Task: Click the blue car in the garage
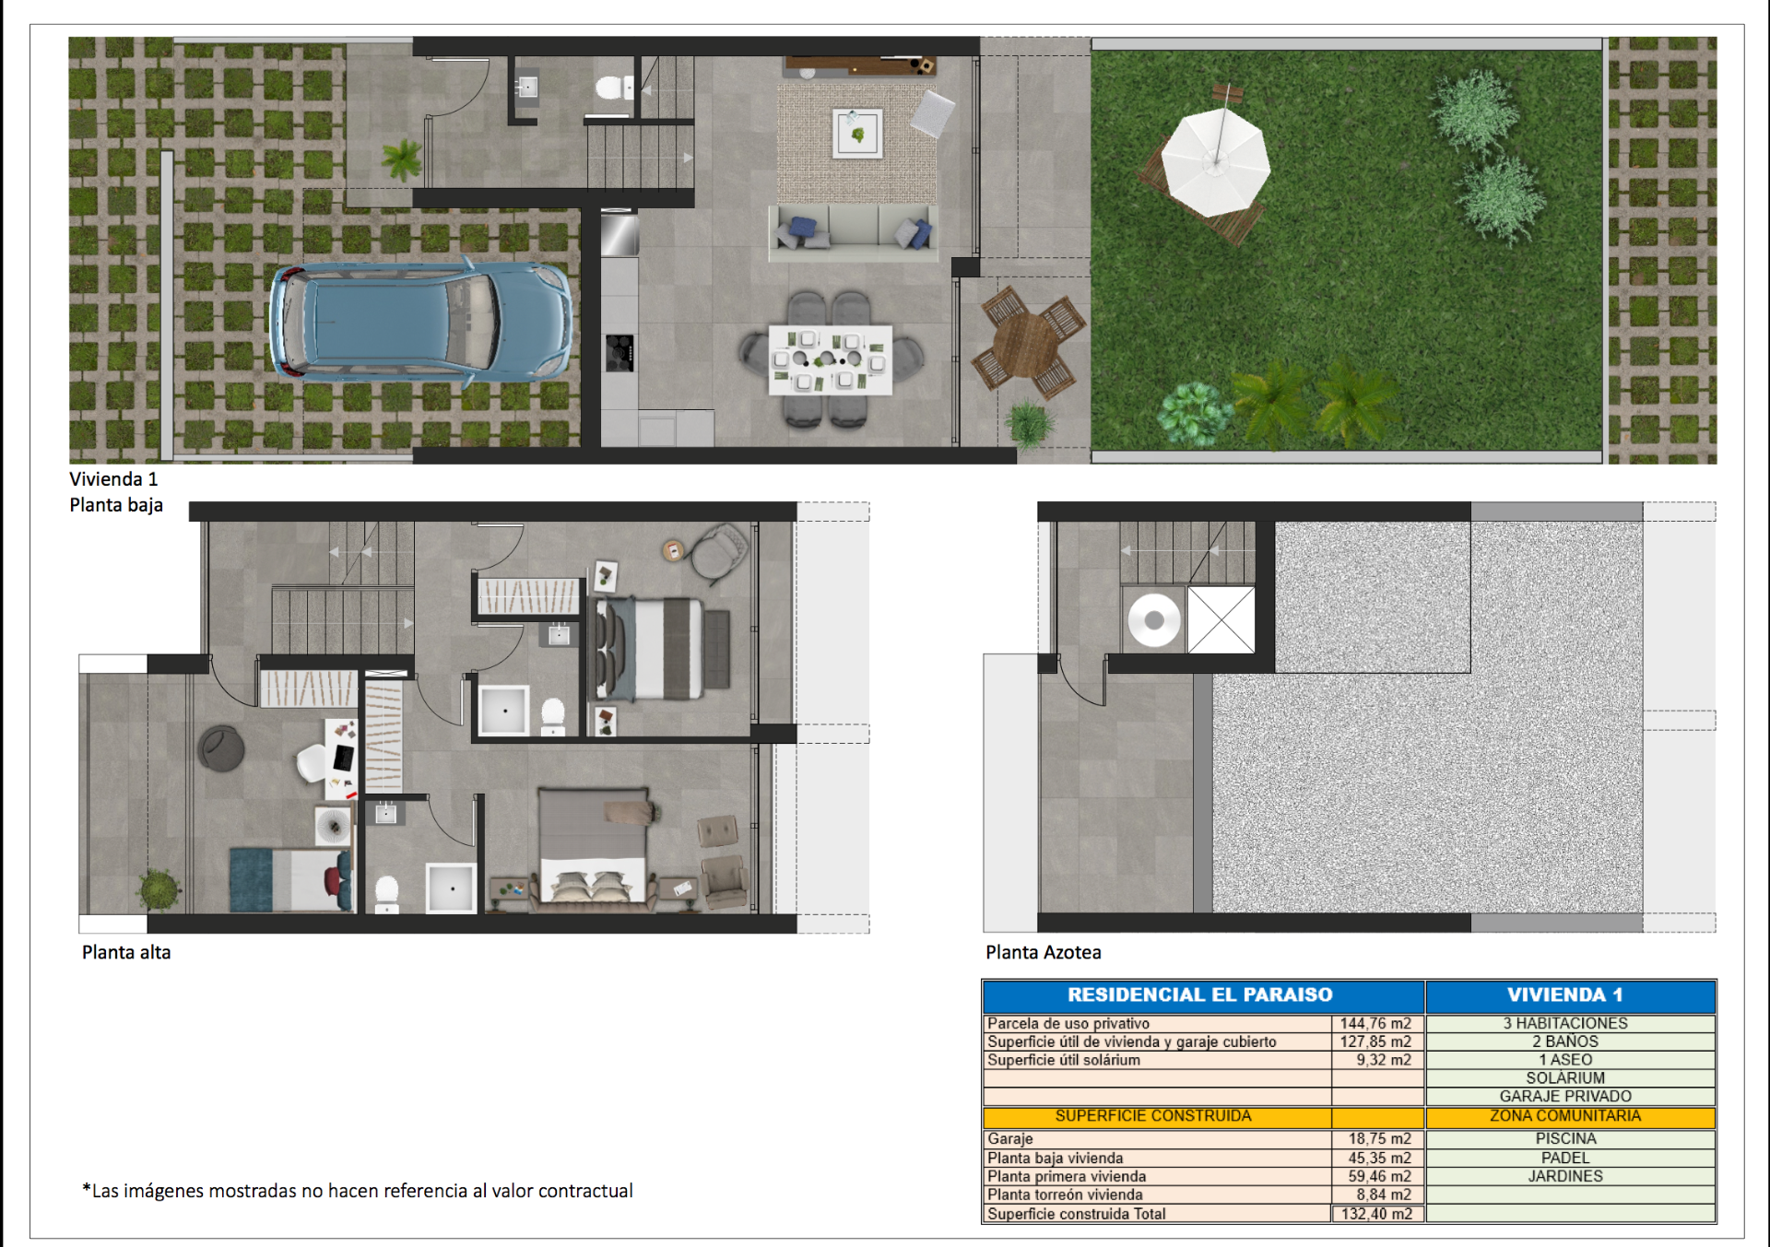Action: pos(420,322)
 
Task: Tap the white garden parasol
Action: pos(1216,161)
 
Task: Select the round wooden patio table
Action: pos(1027,342)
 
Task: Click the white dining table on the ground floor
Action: pos(831,359)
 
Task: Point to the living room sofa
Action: pos(854,231)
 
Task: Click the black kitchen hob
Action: pos(619,353)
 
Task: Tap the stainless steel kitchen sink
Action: pos(619,234)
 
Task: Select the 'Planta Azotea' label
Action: pos(1044,952)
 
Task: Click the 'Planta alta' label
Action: pos(126,952)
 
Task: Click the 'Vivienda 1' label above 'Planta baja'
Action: pos(113,479)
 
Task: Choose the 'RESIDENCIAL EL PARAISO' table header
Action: pos(1200,995)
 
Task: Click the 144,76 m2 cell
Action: pos(1375,1023)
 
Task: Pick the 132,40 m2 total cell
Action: pos(1376,1214)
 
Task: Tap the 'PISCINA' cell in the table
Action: pos(1566,1139)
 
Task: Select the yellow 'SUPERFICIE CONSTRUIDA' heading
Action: pos(1153,1116)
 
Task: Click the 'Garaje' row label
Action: pos(1009,1139)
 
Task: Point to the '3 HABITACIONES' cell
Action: pos(1565,1023)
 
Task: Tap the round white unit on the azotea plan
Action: pos(1154,620)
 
